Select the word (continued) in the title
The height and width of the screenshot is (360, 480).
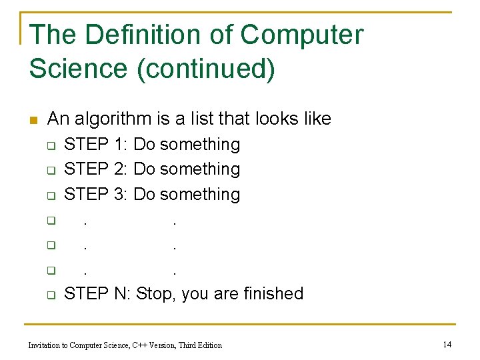(205, 69)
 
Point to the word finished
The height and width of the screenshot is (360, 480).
(273, 293)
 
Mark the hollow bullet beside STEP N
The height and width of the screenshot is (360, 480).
(50, 295)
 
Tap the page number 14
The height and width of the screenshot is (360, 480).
(447, 345)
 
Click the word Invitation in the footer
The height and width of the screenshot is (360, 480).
(45, 345)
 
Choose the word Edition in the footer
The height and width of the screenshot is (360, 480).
(208, 345)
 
